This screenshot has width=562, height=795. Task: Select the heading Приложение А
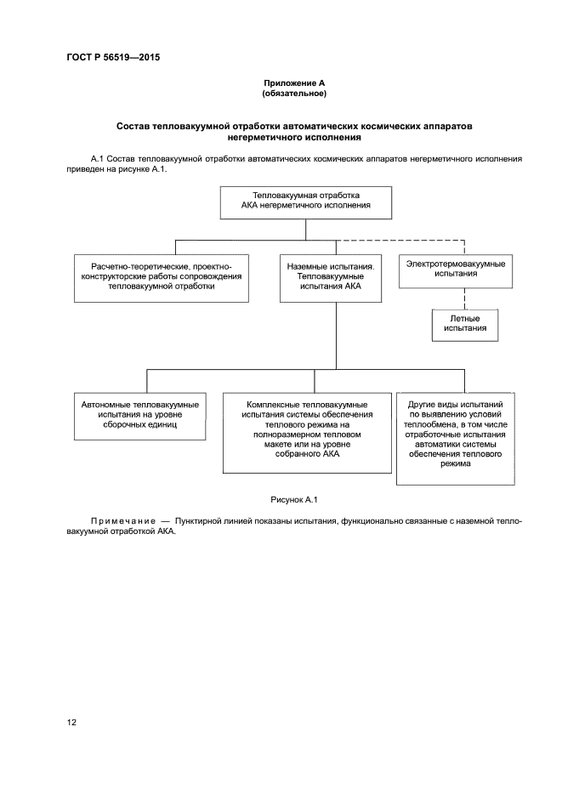pyautogui.click(x=294, y=82)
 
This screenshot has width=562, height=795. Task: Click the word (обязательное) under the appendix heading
pyautogui.click(x=294, y=93)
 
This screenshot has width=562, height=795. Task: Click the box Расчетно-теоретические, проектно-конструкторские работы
pyautogui.click(x=162, y=276)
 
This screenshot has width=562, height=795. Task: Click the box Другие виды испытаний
pyautogui.click(x=455, y=436)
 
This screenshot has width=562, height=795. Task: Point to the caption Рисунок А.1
pyautogui.click(x=294, y=500)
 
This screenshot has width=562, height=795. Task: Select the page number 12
pyautogui.click(x=71, y=723)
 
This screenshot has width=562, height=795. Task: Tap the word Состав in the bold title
pyautogui.click(x=133, y=125)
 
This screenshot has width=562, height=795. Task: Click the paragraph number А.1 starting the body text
pyautogui.click(x=96, y=159)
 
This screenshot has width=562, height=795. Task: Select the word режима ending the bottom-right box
pyautogui.click(x=455, y=464)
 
